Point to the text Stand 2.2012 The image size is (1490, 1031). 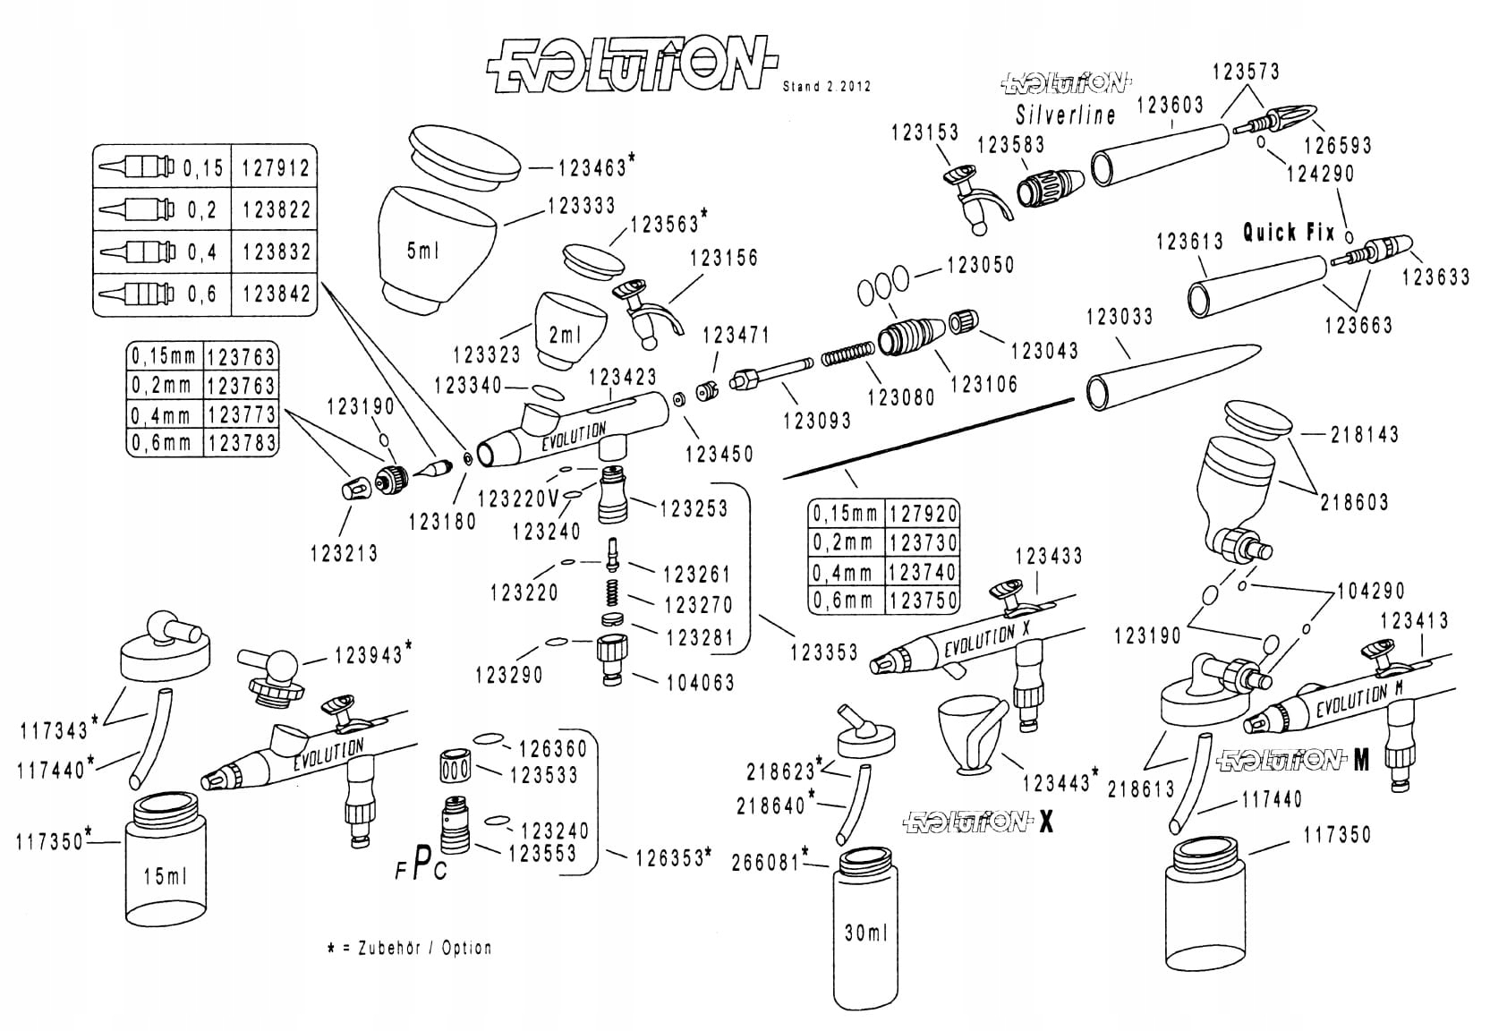(827, 87)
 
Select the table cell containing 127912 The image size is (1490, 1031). (274, 167)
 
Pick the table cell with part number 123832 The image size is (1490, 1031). (274, 251)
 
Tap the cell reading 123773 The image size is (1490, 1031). (240, 413)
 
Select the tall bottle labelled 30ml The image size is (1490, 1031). (865, 928)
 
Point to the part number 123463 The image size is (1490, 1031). (592, 168)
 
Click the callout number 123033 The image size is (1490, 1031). (1120, 317)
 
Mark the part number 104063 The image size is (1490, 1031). (701, 683)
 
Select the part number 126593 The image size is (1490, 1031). (1338, 145)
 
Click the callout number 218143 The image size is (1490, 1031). (1365, 434)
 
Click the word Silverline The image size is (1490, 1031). (1066, 115)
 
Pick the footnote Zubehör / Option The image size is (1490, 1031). (425, 948)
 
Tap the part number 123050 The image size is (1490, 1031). (981, 265)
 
